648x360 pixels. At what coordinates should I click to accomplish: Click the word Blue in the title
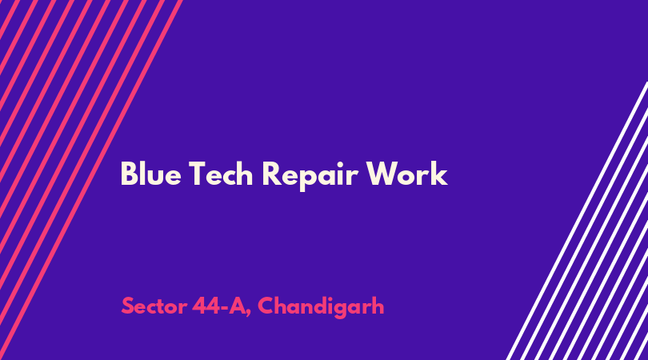151,174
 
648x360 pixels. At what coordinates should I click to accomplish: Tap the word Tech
221,174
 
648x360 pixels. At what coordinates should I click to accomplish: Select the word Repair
310,176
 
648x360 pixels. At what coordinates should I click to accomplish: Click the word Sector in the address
154,306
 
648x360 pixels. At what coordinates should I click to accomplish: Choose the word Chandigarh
321,307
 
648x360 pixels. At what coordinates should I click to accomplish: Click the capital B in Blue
129,174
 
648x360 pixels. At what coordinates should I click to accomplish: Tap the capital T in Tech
198,174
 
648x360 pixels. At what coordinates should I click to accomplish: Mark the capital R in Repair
271,174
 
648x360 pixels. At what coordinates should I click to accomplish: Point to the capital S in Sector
127,306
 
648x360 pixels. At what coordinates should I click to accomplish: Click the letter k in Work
440,174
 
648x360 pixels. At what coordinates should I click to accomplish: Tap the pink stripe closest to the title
90,180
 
